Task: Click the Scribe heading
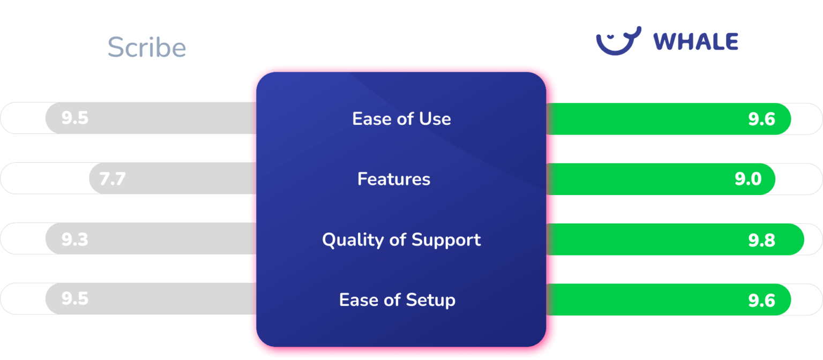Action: click(147, 48)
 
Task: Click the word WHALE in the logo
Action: click(696, 42)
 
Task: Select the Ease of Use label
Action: click(401, 118)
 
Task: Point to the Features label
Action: click(394, 178)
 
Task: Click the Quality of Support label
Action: click(401, 239)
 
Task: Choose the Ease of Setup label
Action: click(397, 299)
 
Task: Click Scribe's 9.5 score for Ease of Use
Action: click(75, 118)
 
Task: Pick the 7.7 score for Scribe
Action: click(113, 178)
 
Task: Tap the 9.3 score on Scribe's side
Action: click(75, 239)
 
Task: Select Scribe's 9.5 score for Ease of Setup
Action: click(75, 298)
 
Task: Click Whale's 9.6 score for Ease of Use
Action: click(761, 119)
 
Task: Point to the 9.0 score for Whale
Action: click(748, 179)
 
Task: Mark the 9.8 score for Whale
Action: click(761, 240)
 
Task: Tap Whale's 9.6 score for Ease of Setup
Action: click(761, 300)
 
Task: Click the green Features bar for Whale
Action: click(643, 178)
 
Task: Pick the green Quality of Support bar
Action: click(643, 239)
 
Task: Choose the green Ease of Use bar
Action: click(643, 118)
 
